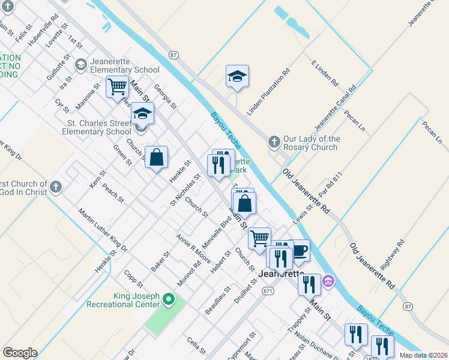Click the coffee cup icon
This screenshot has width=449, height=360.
click(x=300, y=250)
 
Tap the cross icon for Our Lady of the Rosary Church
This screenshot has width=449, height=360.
click(x=274, y=142)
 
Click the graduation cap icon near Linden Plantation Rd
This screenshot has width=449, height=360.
click(x=238, y=76)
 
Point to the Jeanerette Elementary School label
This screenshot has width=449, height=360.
click(x=125, y=64)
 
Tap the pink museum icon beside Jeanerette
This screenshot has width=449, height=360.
click(x=328, y=280)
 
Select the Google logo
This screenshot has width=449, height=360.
click(x=20, y=353)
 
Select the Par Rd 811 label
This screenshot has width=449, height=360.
click(x=330, y=187)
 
